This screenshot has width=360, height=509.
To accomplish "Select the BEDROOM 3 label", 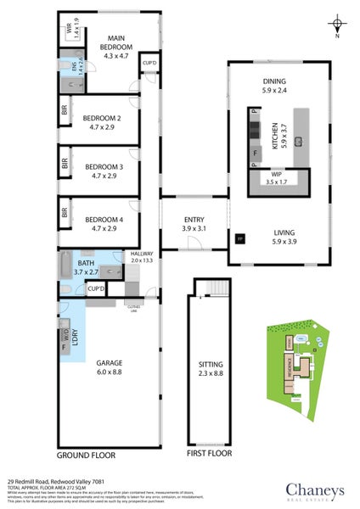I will (101, 171).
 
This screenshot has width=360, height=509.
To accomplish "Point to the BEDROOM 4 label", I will (101, 223).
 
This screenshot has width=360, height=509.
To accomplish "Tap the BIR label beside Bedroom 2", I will (65, 109).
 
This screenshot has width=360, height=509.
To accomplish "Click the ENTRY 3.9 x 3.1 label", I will (194, 224).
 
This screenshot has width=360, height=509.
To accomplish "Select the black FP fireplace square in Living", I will (239, 238).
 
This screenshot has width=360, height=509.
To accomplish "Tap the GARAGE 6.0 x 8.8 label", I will (109, 364).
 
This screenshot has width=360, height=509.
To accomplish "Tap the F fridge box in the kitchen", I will (253, 152).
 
